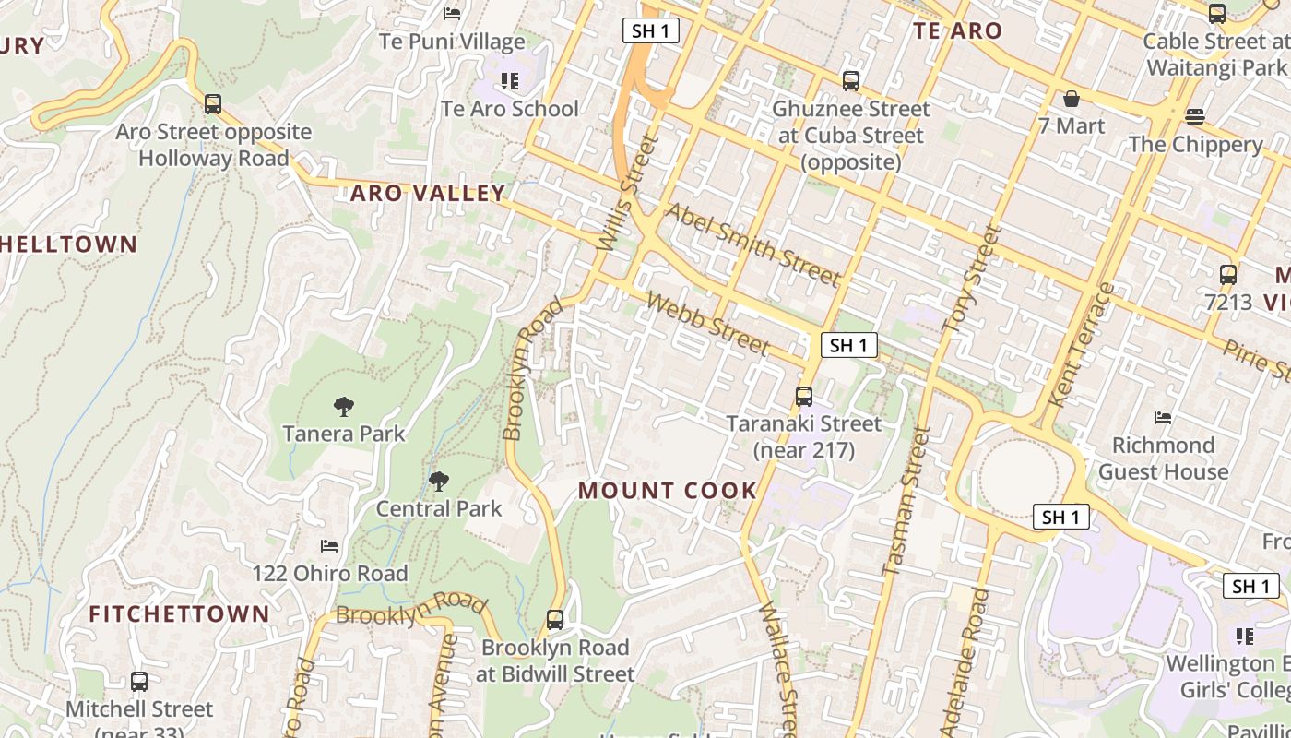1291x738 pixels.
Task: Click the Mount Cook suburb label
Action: pos(668,490)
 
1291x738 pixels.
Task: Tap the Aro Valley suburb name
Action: pos(428,193)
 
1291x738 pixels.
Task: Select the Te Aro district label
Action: pos(957,30)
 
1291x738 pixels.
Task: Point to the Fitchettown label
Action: pos(180,613)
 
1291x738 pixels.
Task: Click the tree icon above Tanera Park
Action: pos(344,406)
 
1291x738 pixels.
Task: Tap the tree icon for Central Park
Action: pos(439,482)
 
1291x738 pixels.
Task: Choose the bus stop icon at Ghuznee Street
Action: pos(851,81)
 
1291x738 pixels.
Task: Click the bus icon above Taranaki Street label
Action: pos(804,397)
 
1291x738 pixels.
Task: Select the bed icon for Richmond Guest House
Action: pos(1163,418)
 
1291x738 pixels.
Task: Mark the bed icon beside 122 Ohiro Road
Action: pos(329,546)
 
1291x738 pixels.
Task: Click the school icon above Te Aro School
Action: pos(509,81)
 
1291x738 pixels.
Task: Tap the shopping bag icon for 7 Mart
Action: pos(1072,99)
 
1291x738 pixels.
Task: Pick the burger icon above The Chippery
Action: pos(1195,117)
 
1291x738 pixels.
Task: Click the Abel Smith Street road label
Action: pos(752,244)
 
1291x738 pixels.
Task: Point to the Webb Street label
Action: pos(707,323)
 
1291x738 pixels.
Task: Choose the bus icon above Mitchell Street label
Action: pos(139,682)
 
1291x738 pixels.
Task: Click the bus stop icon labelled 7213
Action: pos(1227,275)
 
